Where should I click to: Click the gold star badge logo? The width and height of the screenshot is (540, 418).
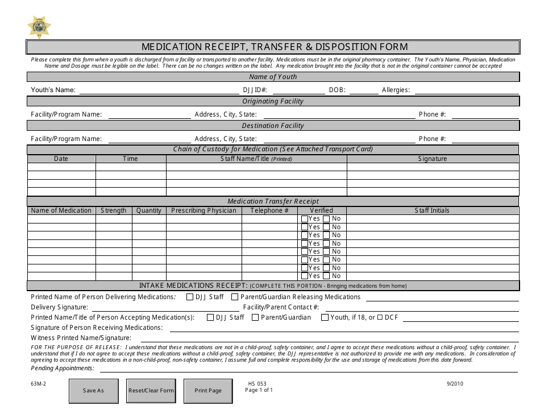click(x=39, y=26)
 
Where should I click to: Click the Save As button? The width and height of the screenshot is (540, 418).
click(x=93, y=391)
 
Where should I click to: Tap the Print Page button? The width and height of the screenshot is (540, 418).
click(x=208, y=391)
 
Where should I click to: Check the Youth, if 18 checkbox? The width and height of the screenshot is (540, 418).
click(x=325, y=317)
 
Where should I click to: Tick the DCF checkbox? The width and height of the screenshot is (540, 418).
click(x=380, y=317)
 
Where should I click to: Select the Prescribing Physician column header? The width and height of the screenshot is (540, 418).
click(x=203, y=210)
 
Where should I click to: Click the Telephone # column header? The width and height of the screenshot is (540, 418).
click(x=269, y=210)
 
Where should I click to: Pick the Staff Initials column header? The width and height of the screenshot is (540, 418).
click(x=432, y=210)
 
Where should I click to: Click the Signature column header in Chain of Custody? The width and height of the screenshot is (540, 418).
click(x=433, y=159)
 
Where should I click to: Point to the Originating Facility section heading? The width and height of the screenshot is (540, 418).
click(x=273, y=101)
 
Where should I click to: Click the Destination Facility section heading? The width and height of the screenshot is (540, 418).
click(x=273, y=126)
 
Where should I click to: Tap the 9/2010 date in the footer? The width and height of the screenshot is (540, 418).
click(x=456, y=383)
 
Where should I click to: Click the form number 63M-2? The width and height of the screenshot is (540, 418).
click(x=39, y=383)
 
